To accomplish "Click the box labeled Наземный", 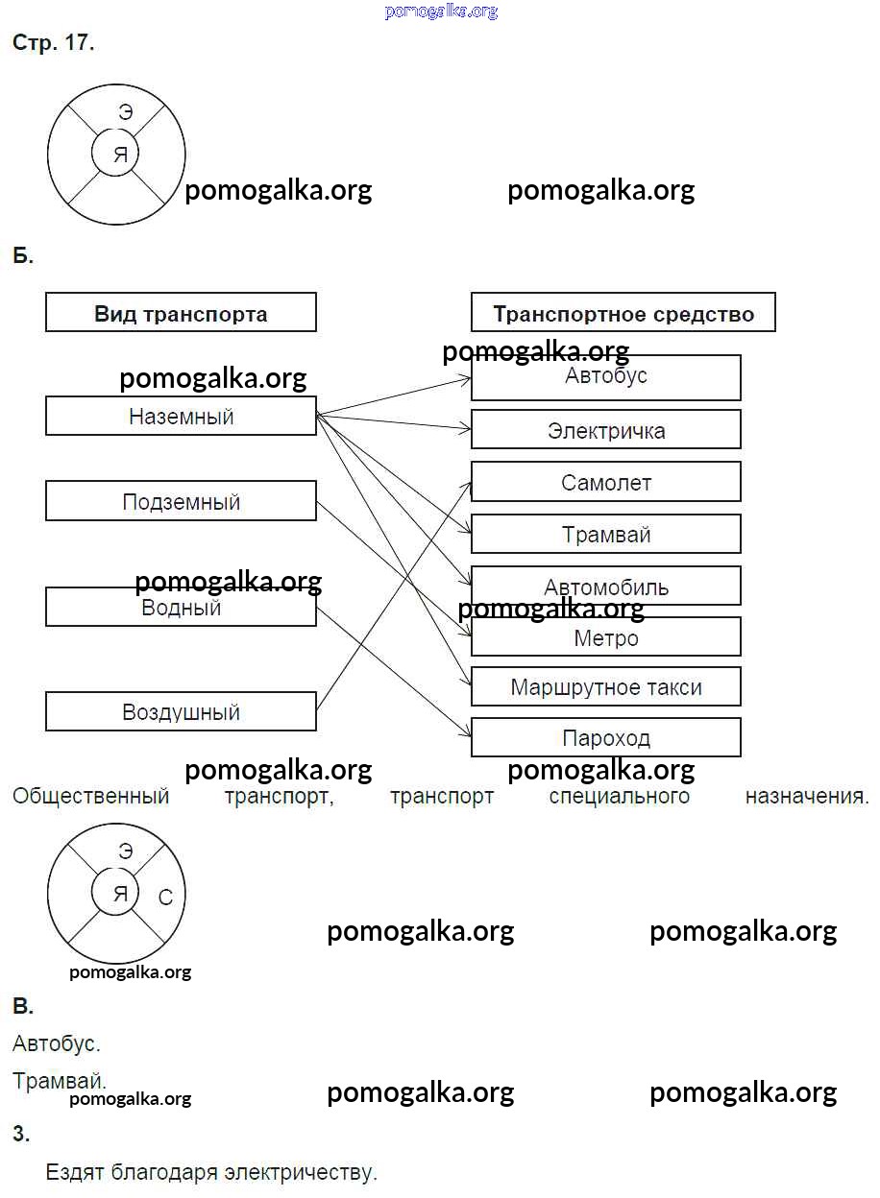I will pos(181,417).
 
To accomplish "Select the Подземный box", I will pos(181,501).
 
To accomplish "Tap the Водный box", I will pos(181,608).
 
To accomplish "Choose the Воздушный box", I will pos(181,712).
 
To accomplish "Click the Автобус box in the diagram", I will pos(605,377).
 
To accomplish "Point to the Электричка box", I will pos(605,430).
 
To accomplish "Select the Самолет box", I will pos(605,482).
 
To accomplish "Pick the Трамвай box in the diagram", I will pos(605,535).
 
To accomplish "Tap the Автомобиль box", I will pos(605,587).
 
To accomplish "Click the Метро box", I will pos(605,637).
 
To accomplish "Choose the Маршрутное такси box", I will pos(605,687).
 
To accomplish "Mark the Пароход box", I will pos(605,738).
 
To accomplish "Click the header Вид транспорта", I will pos(181,313).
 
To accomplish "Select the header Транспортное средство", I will pos(623,313).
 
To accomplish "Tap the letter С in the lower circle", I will pos(165,898).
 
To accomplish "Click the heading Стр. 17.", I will pos(53,43).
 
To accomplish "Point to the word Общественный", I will pos(91,796).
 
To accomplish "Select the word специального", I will pos(619,796).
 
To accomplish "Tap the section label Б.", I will pos(23,256).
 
